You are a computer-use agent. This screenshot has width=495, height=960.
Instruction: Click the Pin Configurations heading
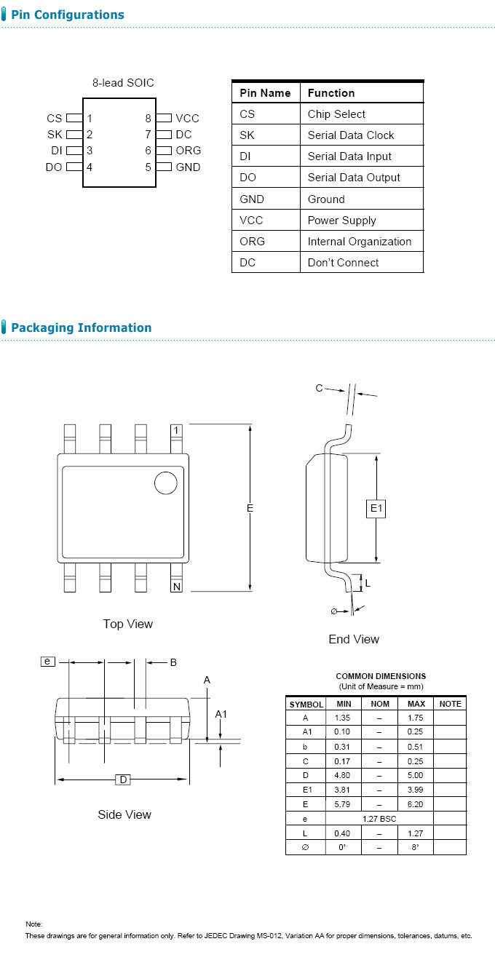tap(67, 15)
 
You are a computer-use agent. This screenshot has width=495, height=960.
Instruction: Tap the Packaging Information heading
tap(81, 328)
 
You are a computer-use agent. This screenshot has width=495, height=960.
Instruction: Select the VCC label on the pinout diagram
tap(187, 118)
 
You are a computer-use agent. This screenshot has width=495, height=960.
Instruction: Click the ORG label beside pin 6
tap(188, 151)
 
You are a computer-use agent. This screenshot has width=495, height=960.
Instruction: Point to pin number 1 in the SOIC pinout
tap(90, 118)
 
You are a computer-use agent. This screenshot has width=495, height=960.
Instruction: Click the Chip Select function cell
tap(336, 114)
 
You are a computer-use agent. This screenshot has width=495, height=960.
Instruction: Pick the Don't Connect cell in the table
tap(343, 263)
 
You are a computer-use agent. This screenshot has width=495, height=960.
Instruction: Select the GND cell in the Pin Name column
tap(252, 199)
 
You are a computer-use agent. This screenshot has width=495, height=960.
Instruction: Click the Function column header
tap(331, 93)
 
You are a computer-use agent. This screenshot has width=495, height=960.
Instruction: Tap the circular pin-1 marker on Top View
tap(165, 483)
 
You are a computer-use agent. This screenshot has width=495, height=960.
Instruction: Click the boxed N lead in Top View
tap(176, 587)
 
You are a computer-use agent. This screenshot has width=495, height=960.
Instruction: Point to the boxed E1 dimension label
tap(376, 509)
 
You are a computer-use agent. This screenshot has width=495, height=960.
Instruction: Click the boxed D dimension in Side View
tap(124, 780)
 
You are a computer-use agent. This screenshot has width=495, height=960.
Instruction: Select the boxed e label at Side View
tap(47, 662)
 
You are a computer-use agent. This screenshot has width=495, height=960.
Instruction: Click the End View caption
tap(354, 639)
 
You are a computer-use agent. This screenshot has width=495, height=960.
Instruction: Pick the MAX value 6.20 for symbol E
tap(416, 804)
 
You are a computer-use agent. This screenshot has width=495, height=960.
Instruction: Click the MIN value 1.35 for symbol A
tap(342, 718)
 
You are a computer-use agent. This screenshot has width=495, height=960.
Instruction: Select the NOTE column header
tap(450, 704)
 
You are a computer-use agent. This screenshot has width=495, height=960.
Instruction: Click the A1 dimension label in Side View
tap(221, 714)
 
